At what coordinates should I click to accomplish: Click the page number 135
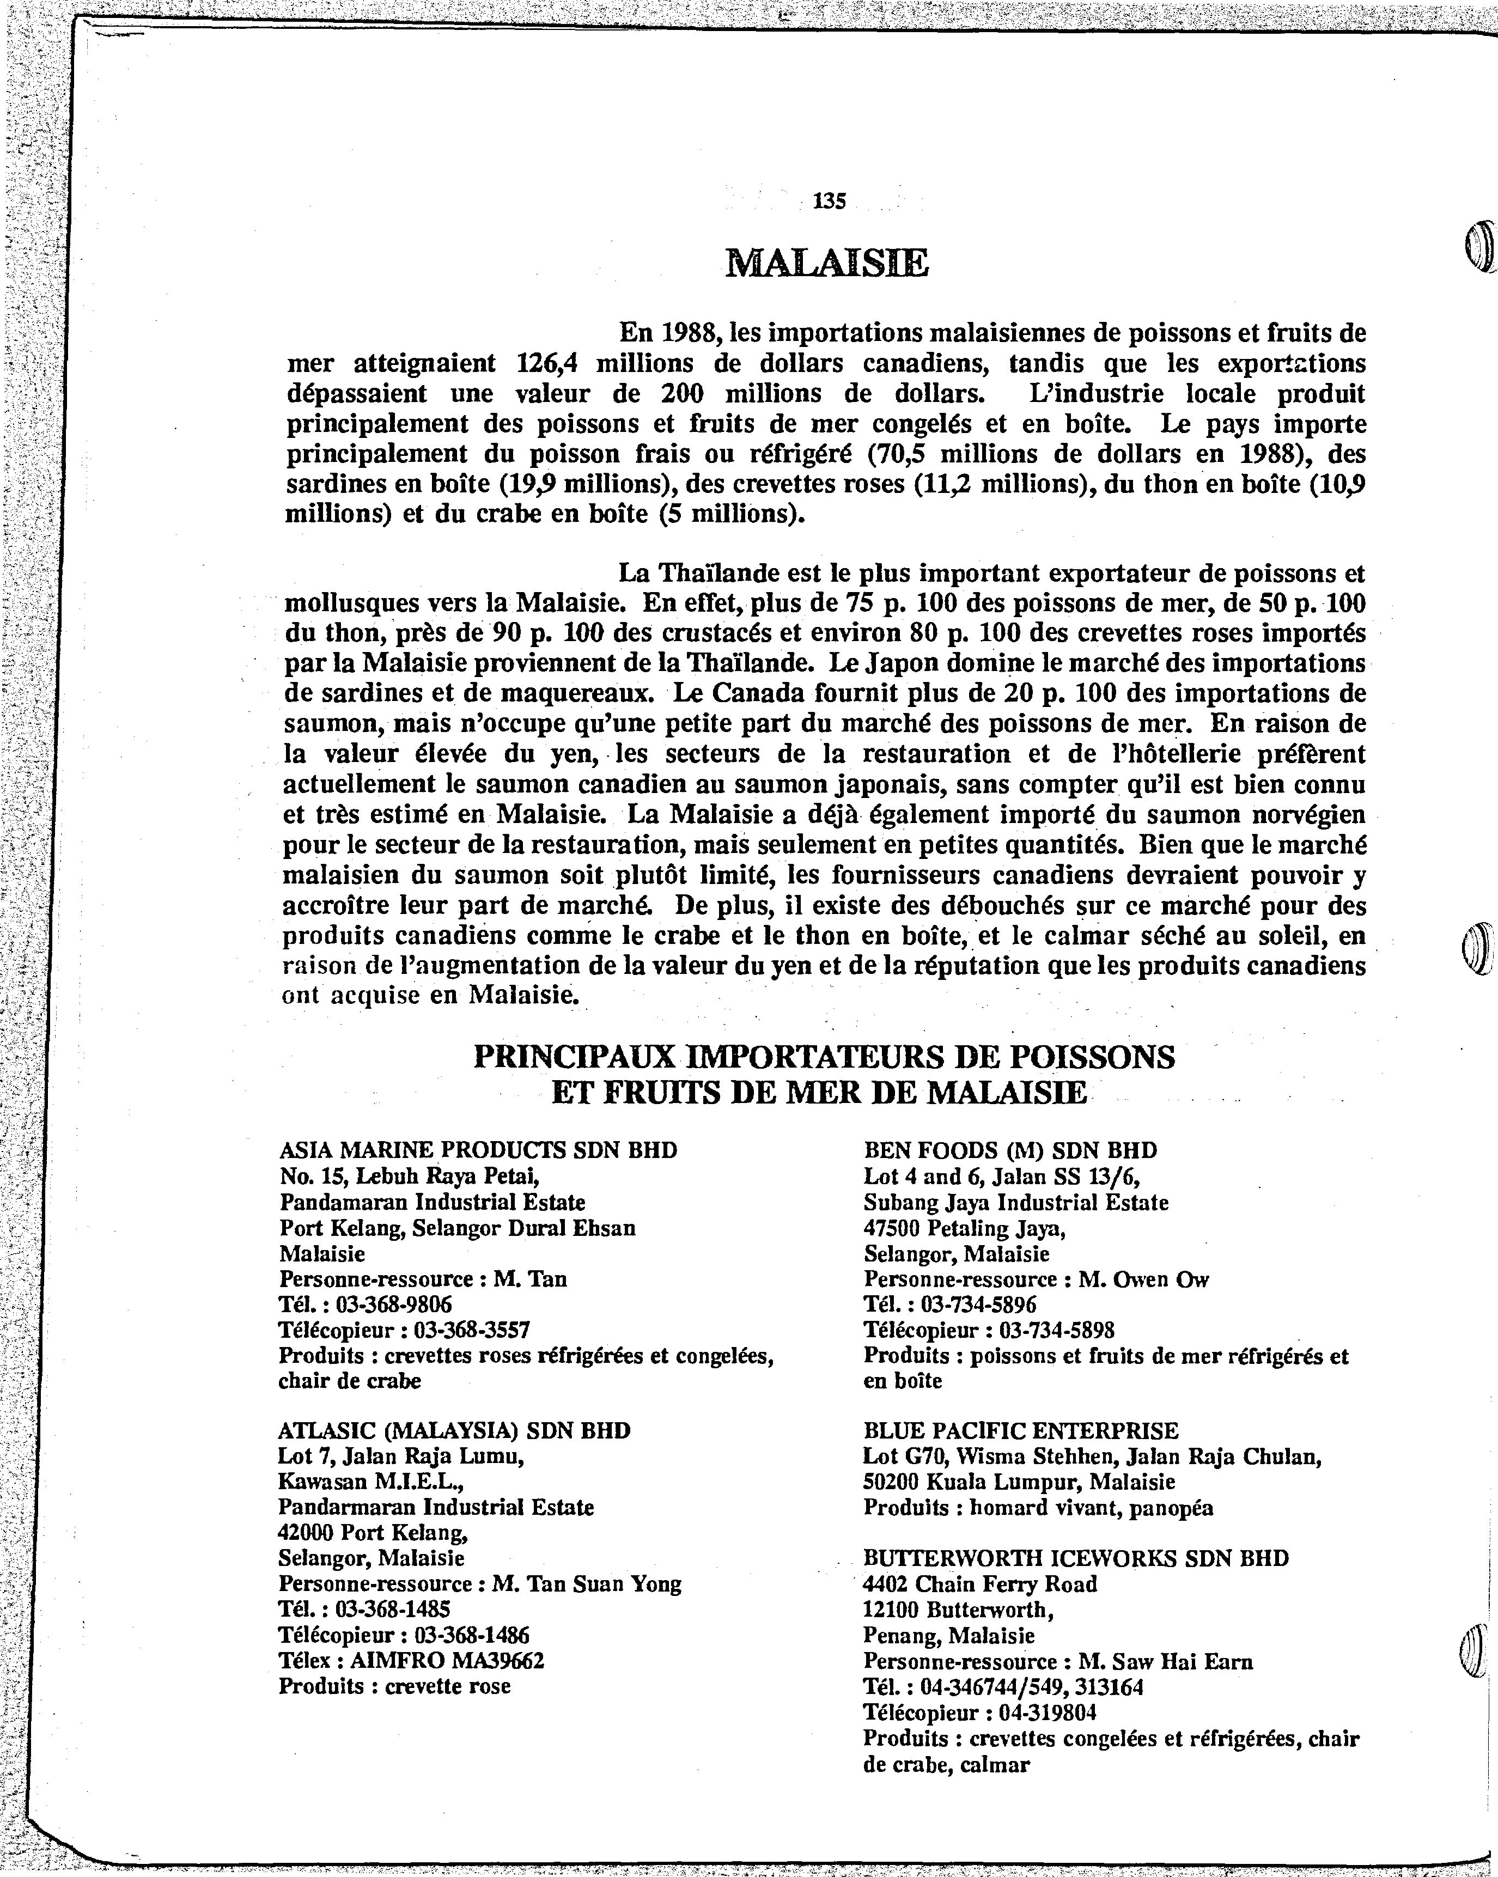tap(829, 201)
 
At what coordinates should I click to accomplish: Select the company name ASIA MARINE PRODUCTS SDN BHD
tap(478, 1150)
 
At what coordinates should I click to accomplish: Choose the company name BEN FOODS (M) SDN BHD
tap(1010, 1150)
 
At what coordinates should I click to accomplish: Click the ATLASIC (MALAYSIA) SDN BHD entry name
tap(454, 1430)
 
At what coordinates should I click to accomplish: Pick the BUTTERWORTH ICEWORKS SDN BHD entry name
tap(1076, 1557)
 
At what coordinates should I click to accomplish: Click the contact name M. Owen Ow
tap(1144, 1279)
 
